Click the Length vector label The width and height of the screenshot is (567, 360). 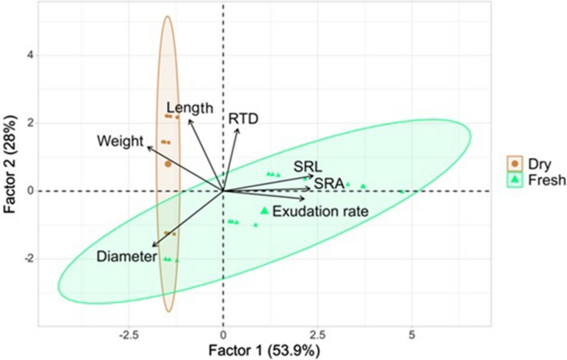point(190,108)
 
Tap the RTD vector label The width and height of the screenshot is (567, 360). point(243,119)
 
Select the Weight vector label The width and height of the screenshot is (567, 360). point(120,140)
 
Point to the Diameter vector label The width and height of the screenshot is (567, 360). point(126,257)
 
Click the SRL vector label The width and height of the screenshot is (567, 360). point(307,166)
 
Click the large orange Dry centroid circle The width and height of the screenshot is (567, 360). point(168,164)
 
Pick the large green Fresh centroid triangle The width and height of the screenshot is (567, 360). point(264,210)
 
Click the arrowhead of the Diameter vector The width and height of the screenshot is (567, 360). point(151,246)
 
